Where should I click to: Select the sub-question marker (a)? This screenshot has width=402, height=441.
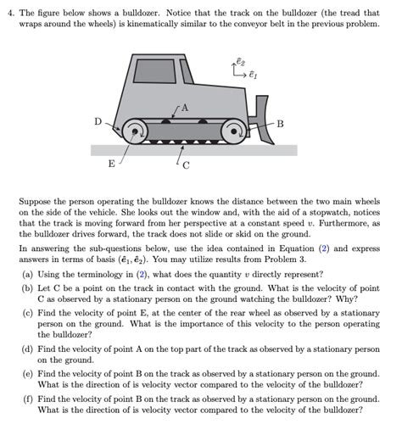click(27, 275)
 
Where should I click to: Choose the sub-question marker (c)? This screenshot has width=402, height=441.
click(27, 313)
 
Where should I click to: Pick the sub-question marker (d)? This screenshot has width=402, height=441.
click(27, 350)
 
